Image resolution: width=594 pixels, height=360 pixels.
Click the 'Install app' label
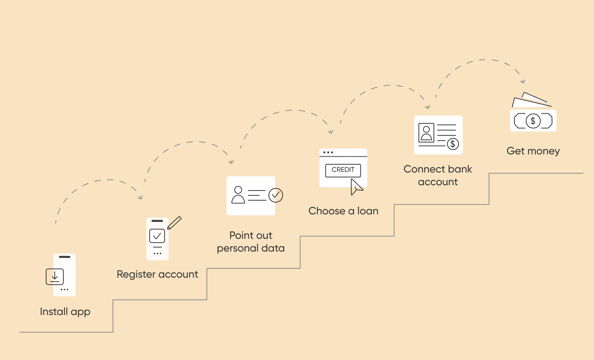[x=65, y=312]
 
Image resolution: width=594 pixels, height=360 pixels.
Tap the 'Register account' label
[x=157, y=274]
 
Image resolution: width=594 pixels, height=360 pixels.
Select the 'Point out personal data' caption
[x=250, y=242]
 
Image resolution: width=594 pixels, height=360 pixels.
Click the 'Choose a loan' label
[x=343, y=211]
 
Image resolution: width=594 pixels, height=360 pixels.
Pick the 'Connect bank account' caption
[x=438, y=175]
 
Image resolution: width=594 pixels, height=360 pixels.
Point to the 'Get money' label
[x=533, y=151]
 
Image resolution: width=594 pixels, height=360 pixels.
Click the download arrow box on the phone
[x=55, y=277]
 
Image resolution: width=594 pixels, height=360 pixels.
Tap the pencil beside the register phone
[x=174, y=223]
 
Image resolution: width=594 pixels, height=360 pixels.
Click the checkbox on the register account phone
[x=157, y=236]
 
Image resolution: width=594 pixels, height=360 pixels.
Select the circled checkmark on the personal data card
[x=276, y=195]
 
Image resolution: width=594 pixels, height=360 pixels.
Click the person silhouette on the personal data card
[x=238, y=195]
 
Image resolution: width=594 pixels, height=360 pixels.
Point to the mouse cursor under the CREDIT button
[x=356, y=187]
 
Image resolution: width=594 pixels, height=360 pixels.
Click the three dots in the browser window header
[x=328, y=152]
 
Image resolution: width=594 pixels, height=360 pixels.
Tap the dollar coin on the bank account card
[x=453, y=144]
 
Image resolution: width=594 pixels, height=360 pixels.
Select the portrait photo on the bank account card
[x=426, y=133]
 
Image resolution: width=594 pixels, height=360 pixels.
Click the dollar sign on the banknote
[x=533, y=121]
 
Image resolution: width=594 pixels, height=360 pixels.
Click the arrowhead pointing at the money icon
[x=523, y=81]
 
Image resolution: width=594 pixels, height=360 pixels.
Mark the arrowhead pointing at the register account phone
[x=141, y=197]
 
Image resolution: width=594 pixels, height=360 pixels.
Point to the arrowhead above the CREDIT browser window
[x=331, y=132]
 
